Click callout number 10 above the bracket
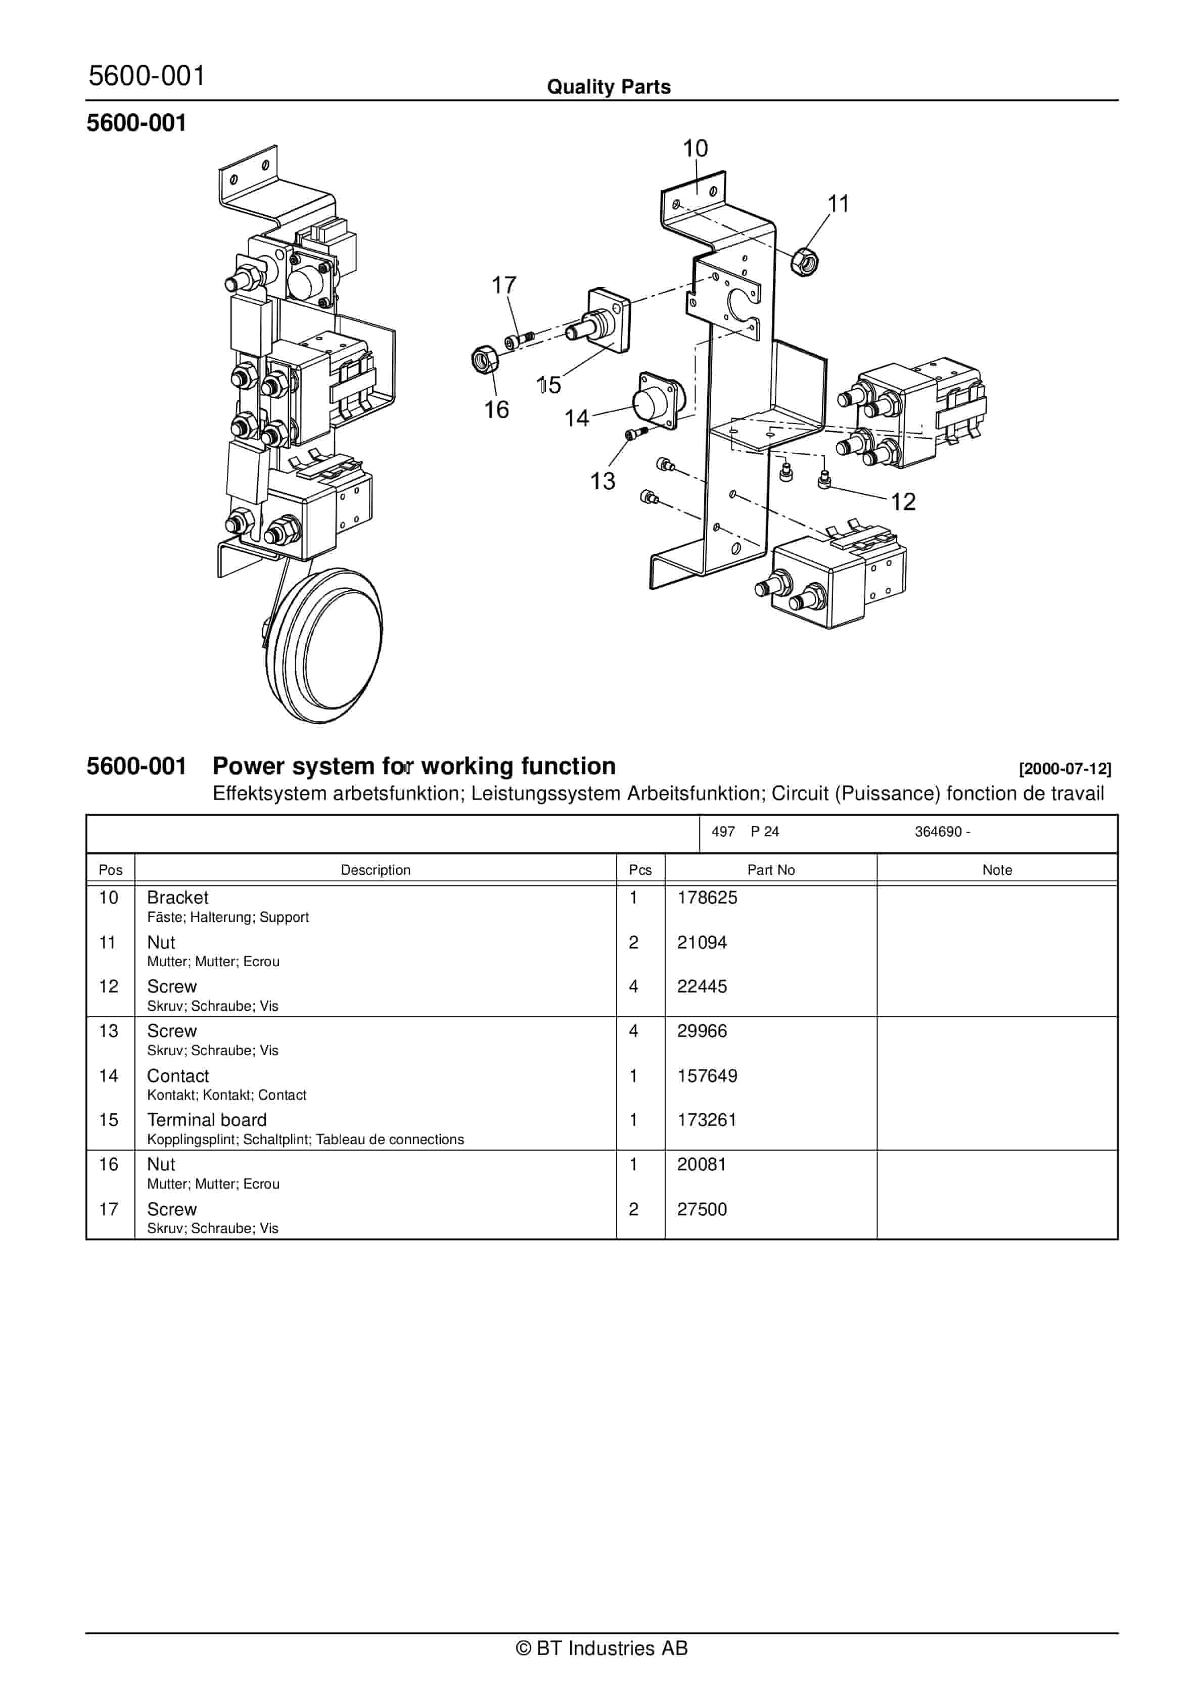695,148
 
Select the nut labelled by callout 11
804,261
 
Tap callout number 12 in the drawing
903,502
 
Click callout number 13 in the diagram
602,481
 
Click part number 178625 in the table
707,897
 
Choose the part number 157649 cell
707,1075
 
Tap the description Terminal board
206,1120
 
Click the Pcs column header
640,870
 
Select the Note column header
996,870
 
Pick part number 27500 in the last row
702,1209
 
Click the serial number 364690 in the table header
938,832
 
